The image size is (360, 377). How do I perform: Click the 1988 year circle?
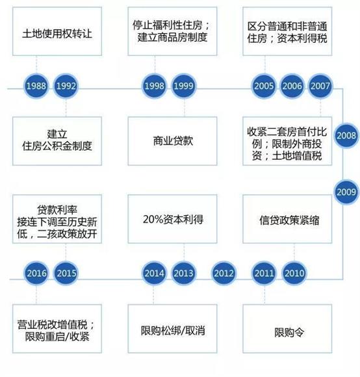pos(36,86)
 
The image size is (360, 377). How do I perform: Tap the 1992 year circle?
pos(66,86)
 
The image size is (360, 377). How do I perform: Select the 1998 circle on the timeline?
pos(154,86)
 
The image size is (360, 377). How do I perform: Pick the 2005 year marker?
pos(264,86)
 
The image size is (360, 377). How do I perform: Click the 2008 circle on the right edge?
pos(346,136)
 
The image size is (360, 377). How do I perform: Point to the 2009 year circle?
pos(346,192)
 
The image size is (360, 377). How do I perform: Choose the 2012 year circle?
pos(224,273)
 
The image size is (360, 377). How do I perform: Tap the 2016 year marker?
pos(36,273)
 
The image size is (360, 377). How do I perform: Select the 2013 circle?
pos(184,273)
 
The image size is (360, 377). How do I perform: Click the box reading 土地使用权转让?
pos(57,31)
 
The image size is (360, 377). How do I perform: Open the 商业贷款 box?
pos(173,141)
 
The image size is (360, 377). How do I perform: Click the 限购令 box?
pos(287,329)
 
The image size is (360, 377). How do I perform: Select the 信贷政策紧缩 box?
pos(287,219)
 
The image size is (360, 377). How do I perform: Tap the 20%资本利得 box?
pos(173,219)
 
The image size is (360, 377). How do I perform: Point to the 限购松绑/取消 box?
pos(173,329)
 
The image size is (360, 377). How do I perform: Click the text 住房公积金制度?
pos(57,146)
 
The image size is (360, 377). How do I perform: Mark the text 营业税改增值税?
pos(53,324)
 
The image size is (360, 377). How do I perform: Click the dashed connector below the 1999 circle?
pos(185,108)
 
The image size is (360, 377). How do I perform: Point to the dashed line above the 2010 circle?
pos(294,252)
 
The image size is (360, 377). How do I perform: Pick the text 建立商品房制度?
pos(173,37)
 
